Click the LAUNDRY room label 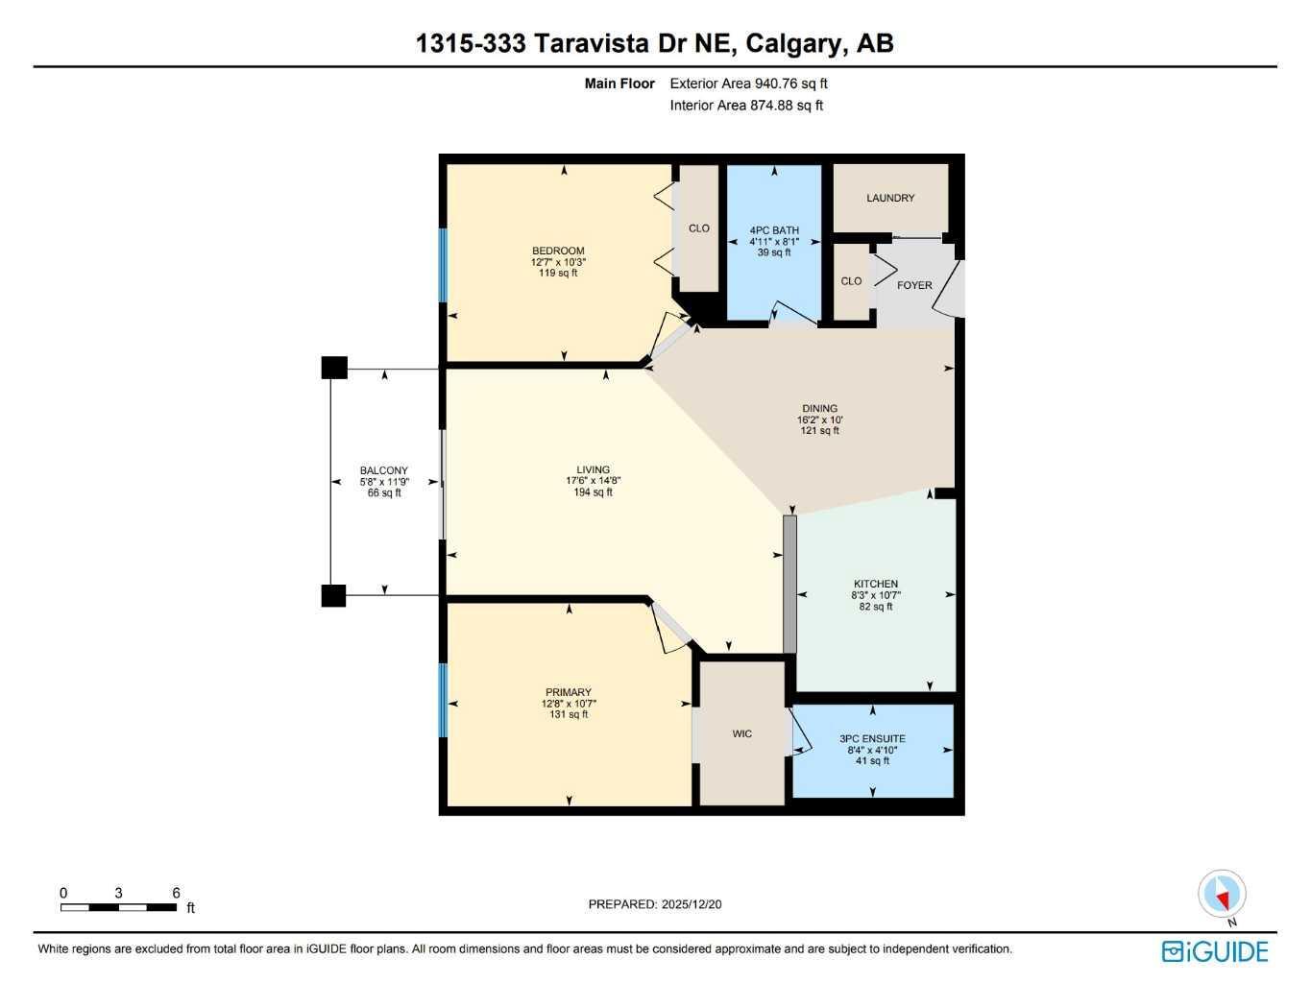pyautogui.click(x=890, y=198)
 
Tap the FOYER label pyautogui.click(x=914, y=285)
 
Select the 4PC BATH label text pyautogui.click(x=774, y=230)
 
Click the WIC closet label pyautogui.click(x=742, y=733)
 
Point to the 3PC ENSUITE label pyautogui.click(x=872, y=739)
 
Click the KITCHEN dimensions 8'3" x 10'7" pyautogui.click(x=876, y=595)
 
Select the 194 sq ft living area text pyautogui.click(x=593, y=492)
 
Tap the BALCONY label pyautogui.click(x=384, y=470)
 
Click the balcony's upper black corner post pyautogui.click(x=333, y=368)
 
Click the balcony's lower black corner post pyautogui.click(x=333, y=595)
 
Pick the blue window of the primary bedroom pyautogui.click(x=444, y=700)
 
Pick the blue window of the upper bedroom pyautogui.click(x=444, y=265)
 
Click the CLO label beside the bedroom pyautogui.click(x=699, y=228)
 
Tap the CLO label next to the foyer pyautogui.click(x=851, y=281)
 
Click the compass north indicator pyautogui.click(x=1222, y=896)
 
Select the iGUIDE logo pyautogui.click(x=1215, y=951)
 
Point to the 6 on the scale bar pyautogui.click(x=176, y=893)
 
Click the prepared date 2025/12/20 pyautogui.click(x=691, y=904)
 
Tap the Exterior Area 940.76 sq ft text pyautogui.click(x=748, y=84)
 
